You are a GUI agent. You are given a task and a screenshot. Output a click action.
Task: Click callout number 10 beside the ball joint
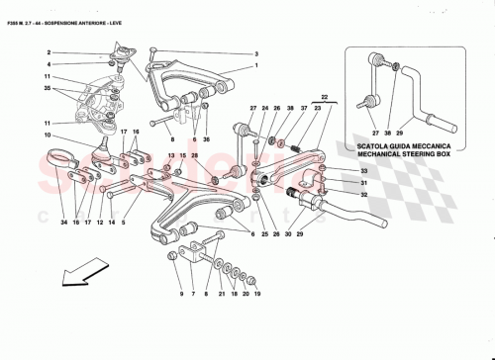coord(48,135)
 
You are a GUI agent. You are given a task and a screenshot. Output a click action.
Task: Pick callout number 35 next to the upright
coord(48,89)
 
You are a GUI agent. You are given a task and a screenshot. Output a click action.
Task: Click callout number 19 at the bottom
coord(256,295)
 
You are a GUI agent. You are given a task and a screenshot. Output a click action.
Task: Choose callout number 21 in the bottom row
coord(219,295)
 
